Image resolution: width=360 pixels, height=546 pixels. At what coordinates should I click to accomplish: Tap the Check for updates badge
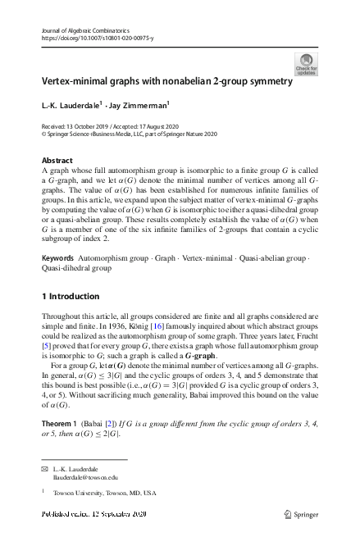coord(306,64)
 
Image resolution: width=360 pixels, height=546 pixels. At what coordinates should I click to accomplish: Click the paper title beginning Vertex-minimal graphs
coord(167,82)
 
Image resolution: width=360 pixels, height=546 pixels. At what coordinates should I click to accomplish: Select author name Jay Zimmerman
coord(139,106)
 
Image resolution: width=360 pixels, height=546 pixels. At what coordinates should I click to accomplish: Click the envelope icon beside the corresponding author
coord(45,468)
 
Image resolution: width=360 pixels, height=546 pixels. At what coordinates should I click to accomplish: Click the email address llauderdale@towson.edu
coord(84,476)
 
